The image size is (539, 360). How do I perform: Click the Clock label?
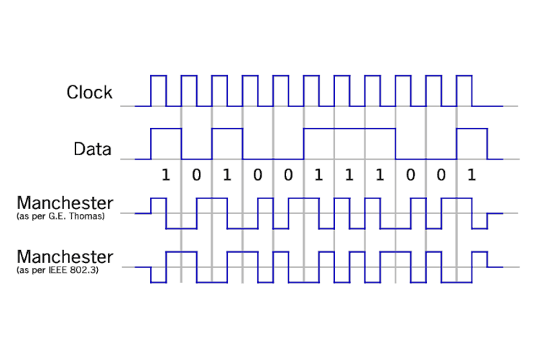89,92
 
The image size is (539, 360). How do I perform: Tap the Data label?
92,149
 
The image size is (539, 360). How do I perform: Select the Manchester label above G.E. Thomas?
65,203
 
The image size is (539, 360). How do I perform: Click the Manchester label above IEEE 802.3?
65,257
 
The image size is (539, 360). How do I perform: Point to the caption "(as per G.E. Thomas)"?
60,216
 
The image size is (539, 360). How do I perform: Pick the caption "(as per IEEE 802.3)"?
58,270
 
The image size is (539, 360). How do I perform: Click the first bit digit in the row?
165,175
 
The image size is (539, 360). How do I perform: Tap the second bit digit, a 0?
196,175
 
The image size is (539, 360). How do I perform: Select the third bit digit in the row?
226,175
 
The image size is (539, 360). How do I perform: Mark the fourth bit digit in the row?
257,175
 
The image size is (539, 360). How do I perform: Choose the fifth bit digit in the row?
287,175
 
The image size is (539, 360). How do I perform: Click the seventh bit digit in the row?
349,175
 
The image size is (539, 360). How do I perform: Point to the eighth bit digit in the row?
379,175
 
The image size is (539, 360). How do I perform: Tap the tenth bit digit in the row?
441,175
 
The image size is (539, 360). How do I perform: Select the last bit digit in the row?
471,175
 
